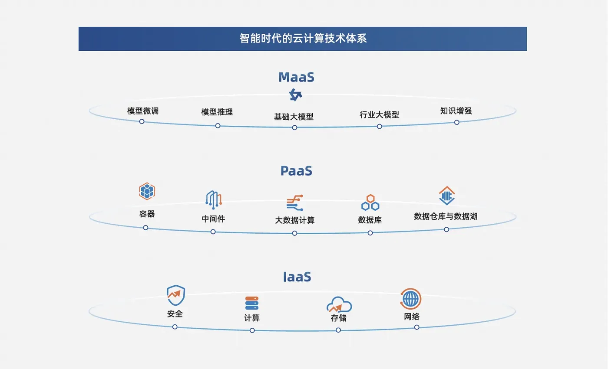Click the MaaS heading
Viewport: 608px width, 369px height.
click(296, 77)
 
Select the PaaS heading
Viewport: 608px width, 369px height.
click(296, 171)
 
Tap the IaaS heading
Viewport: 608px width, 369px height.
click(297, 277)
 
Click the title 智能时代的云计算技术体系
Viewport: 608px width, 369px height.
click(303, 39)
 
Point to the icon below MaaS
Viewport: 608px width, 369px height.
click(295, 95)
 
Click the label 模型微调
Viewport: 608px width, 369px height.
click(143, 111)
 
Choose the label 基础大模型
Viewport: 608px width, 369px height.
click(294, 117)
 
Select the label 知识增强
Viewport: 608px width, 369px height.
click(456, 111)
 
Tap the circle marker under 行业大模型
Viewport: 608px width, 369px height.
click(380, 127)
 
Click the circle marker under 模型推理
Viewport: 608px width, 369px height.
click(218, 126)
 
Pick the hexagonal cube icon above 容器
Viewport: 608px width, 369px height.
click(147, 191)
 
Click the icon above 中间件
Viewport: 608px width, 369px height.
click(214, 200)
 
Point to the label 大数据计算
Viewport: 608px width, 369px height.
click(295, 220)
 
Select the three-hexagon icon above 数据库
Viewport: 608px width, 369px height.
click(370, 202)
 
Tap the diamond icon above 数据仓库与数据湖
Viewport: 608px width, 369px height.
click(447, 196)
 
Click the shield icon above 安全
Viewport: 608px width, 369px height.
click(176, 295)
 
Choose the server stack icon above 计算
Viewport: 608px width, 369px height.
click(252, 303)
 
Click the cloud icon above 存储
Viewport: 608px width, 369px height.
click(339, 304)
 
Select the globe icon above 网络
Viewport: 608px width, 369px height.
click(411, 299)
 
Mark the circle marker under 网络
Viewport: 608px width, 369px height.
click(416, 327)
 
